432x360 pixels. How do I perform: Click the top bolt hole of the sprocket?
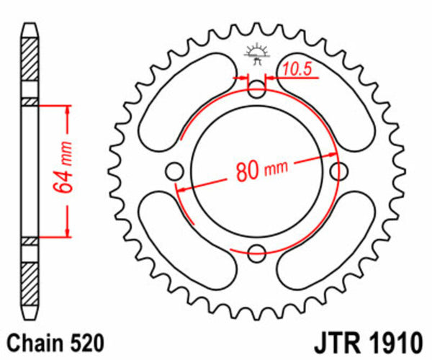point(256,91)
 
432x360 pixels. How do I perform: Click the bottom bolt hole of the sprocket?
point(256,252)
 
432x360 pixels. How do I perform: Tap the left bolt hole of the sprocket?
point(174,171)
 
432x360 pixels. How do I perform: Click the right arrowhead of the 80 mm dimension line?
point(333,153)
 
